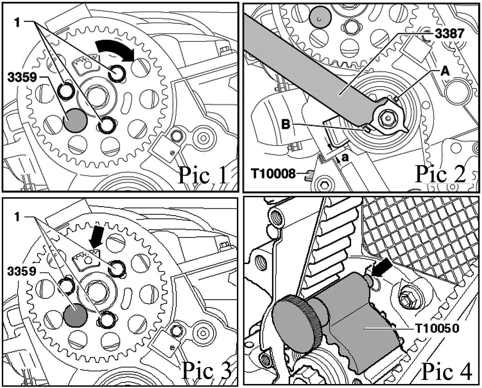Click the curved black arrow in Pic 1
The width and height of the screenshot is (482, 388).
[115, 49]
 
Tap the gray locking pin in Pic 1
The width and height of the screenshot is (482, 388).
[75, 120]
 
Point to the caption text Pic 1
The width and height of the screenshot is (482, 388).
[203, 175]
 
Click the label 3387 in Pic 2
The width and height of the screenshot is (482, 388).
[449, 34]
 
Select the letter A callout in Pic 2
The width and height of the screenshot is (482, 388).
[445, 71]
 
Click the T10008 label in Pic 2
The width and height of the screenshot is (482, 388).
[273, 174]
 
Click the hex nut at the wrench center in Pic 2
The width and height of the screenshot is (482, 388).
[387, 117]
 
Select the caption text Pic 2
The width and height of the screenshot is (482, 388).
[440, 175]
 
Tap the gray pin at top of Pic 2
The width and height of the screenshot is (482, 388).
[320, 18]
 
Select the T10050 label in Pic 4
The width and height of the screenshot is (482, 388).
[436, 328]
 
